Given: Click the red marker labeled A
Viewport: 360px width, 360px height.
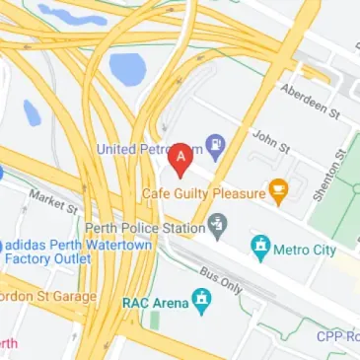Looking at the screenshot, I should click(x=180, y=159).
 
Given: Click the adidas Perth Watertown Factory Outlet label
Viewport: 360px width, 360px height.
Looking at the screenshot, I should click(x=50, y=251).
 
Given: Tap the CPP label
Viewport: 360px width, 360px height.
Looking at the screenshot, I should click(x=337, y=336).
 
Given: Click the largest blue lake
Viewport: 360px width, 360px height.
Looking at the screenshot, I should click(x=127, y=68).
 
